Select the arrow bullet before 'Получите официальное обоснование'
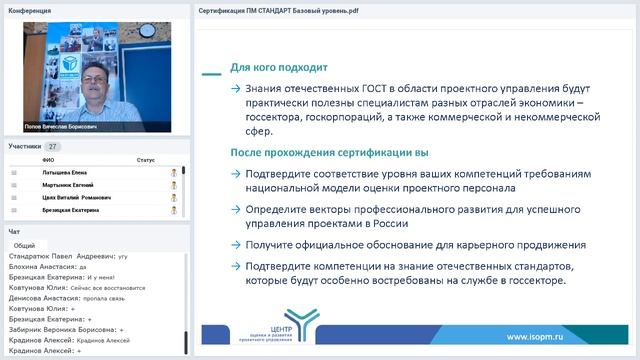[x=235, y=245]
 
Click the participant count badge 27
[x=53, y=146]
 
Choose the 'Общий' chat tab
[x=25, y=245]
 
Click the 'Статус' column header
[x=145, y=160]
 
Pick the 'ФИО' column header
[x=48, y=160]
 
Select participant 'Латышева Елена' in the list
[x=65, y=172]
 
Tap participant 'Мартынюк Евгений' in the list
[x=69, y=185]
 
